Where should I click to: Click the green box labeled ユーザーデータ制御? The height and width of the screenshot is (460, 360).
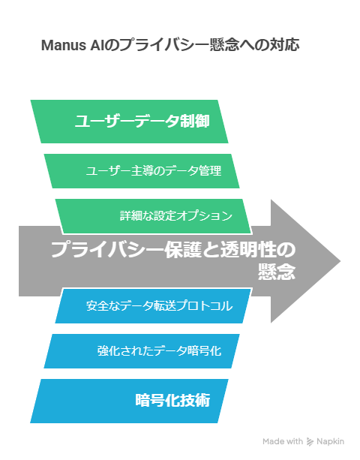(x=129, y=122)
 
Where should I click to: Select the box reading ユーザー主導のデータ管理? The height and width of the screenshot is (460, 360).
(x=142, y=171)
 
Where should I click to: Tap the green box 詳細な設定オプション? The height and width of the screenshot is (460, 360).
(x=153, y=216)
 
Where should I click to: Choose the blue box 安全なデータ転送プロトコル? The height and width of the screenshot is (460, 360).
(x=153, y=306)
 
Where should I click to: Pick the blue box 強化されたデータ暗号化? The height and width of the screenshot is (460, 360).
(x=142, y=351)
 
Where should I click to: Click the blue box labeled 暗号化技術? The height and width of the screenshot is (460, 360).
(x=129, y=401)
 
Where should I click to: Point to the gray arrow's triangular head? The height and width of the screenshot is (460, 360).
(x=305, y=261)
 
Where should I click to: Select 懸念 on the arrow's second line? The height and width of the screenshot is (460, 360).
(x=277, y=272)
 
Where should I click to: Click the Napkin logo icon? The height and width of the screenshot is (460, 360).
(x=310, y=441)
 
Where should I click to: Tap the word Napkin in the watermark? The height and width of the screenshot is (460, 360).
(x=331, y=441)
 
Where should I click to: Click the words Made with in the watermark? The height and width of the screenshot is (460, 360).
(x=283, y=441)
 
